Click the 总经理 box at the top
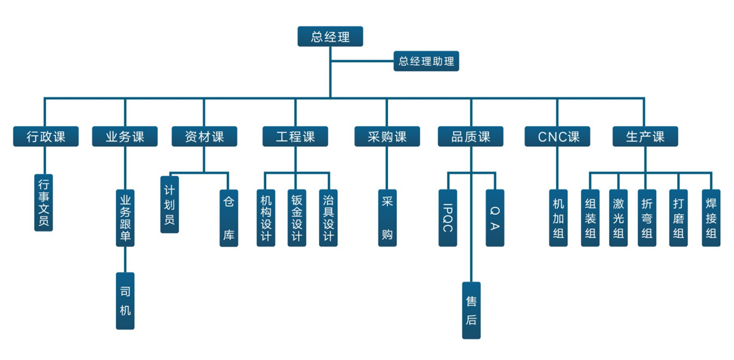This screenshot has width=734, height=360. point(330,37)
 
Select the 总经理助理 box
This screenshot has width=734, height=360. point(426,61)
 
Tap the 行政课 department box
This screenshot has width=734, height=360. point(46,136)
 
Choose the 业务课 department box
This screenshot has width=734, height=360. point(125,136)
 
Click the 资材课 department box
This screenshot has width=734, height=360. point(204,136)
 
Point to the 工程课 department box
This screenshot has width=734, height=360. point(295,136)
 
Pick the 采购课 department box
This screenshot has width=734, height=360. point(387,136)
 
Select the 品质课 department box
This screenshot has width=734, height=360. point(471,136)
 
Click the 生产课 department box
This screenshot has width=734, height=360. point(645,136)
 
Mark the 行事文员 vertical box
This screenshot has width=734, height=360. point(43,202)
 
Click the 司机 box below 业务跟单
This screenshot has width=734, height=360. point(125,301)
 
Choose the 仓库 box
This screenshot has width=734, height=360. point(229,218)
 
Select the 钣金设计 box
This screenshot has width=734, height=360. point(297,218)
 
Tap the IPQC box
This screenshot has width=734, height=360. point(447,218)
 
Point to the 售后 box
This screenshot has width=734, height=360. point(471,310)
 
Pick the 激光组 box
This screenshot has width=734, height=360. point(618,218)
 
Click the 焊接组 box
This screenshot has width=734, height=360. point(711,218)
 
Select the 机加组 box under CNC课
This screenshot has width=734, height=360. point(559,218)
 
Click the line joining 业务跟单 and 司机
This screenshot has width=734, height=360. point(125,259)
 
